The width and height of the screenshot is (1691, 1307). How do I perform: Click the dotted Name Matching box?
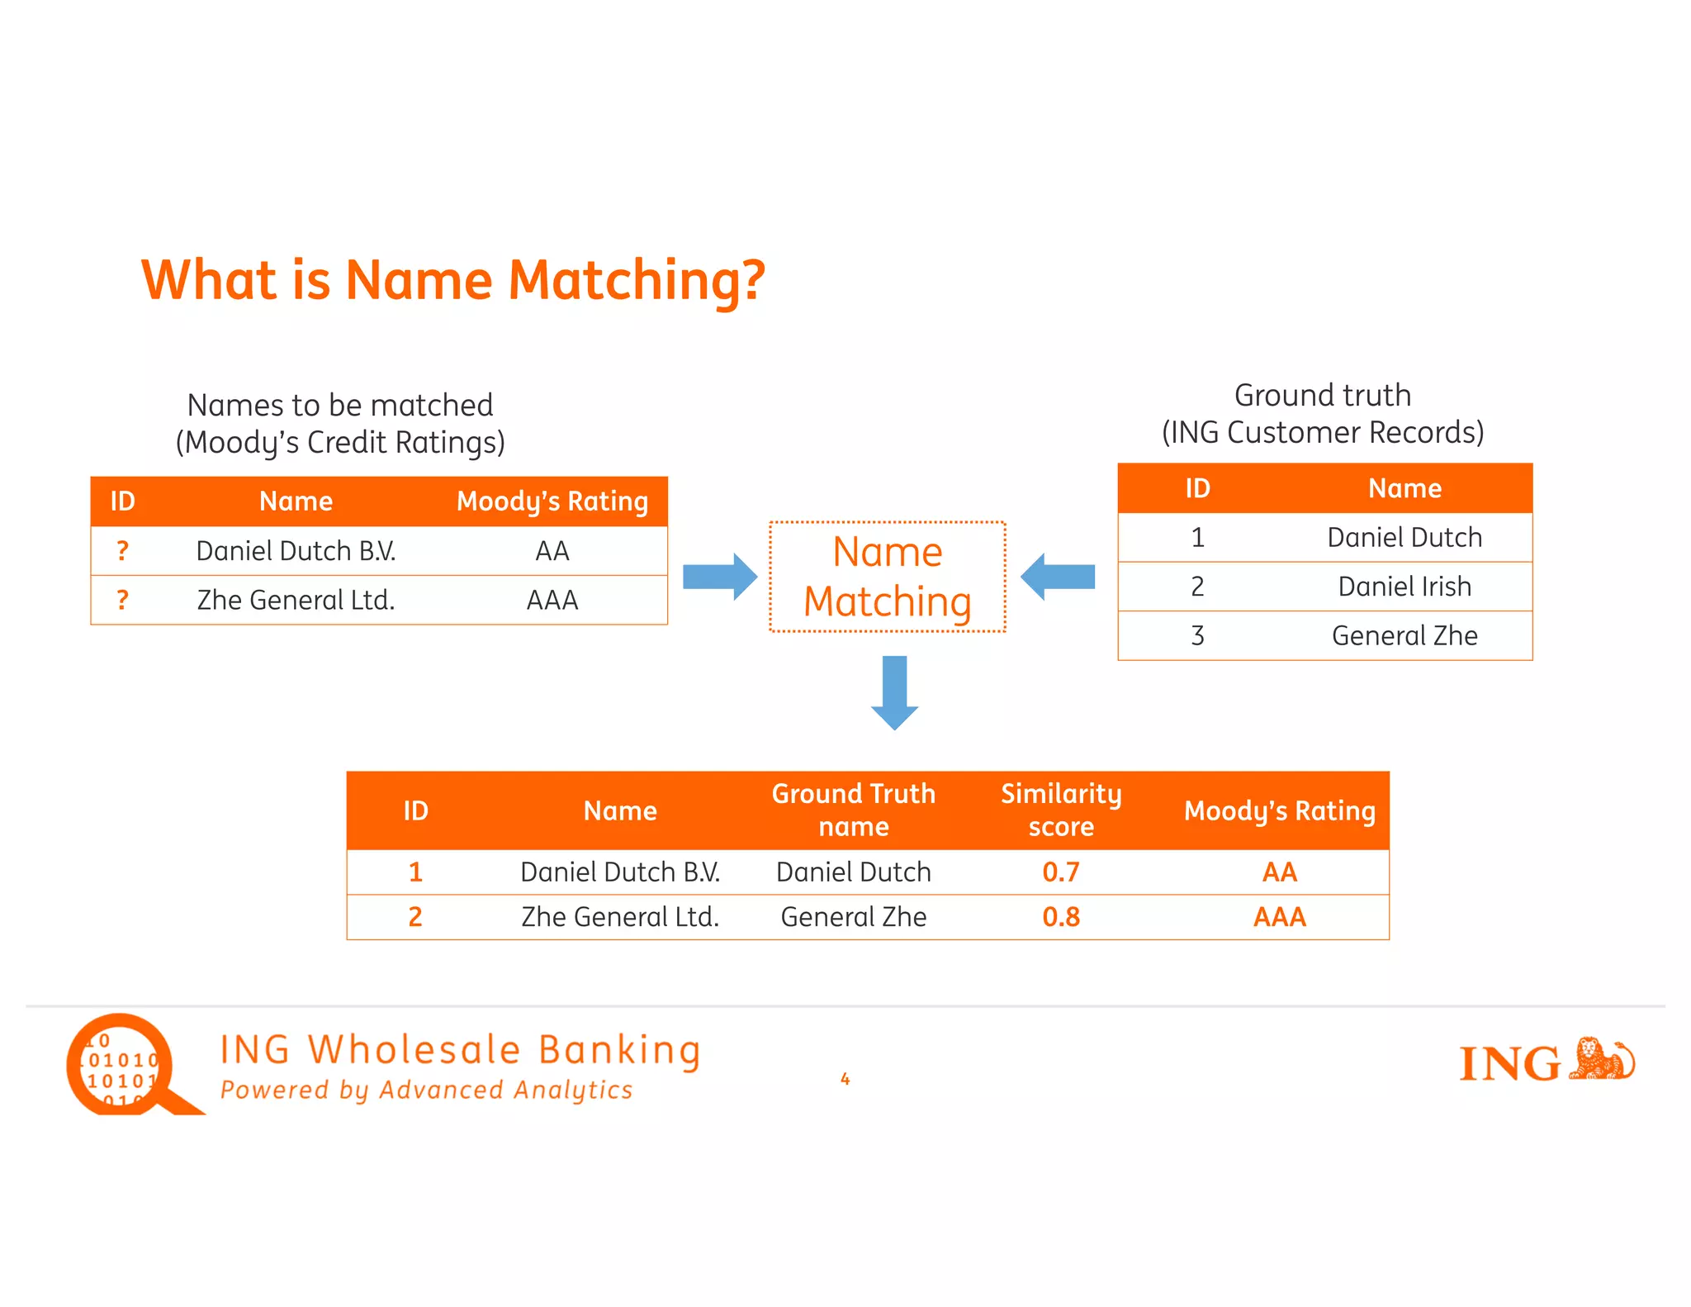coord(888,577)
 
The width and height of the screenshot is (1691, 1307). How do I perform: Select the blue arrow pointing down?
coord(894,692)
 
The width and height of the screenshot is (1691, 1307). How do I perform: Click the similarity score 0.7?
coord(1061,872)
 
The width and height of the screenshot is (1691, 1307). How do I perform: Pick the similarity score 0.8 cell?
coord(1061,917)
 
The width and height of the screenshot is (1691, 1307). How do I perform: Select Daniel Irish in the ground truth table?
coord(1404,587)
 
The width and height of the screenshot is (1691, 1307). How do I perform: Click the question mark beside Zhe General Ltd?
coord(122,600)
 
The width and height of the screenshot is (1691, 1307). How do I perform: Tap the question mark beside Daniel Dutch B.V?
coord(122,551)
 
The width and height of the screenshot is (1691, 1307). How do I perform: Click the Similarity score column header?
coord(1061,810)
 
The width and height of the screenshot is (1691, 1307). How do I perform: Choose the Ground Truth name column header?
coord(854,810)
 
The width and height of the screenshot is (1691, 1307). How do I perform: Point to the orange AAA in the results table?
coord(1279,917)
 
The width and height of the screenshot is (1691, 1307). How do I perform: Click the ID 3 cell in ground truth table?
coord(1197,635)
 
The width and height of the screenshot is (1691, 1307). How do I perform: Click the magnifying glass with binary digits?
coord(124,1066)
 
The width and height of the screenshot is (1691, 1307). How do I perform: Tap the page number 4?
coord(845,1079)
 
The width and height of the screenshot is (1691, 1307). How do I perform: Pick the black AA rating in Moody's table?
coord(552,551)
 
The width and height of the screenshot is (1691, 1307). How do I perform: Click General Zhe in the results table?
coord(854,917)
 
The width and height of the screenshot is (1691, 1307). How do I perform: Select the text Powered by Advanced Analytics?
coord(426,1091)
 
